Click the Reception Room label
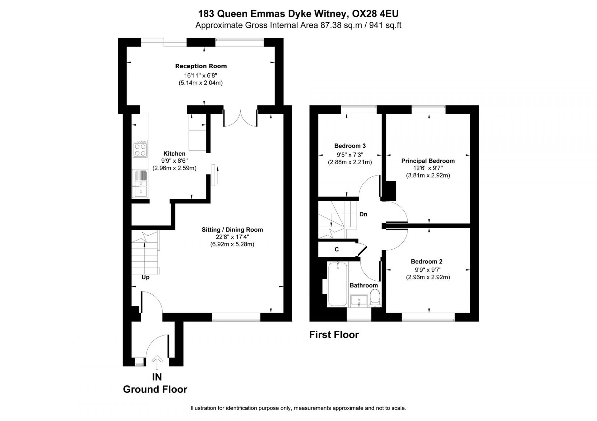click(x=201, y=66)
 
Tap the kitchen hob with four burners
click(x=140, y=149)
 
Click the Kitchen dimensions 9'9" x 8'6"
click(x=174, y=161)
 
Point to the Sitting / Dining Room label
click(x=232, y=230)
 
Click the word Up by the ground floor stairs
click(x=146, y=277)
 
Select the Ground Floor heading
click(x=155, y=389)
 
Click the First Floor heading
click(x=334, y=335)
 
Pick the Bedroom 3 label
click(x=350, y=146)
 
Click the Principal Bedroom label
click(x=428, y=161)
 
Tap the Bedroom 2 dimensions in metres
click(x=428, y=277)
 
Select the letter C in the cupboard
click(x=336, y=249)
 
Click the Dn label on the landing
click(x=363, y=214)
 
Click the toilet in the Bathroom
click(x=375, y=298)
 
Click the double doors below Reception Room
click(x=240, y=119)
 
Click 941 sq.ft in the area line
click(x=385, y=25)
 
